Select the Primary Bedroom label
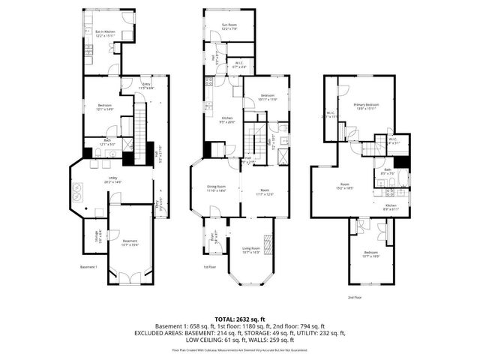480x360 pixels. (366, 106)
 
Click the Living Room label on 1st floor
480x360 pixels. (250, 250)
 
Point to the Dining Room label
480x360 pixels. (214, 189)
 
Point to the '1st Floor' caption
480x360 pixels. (210, 267)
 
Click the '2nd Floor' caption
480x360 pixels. (355, 297)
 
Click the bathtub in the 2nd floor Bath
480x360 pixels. (403, 178)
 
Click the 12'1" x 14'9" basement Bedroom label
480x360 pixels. (104, 107)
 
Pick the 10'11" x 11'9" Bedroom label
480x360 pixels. (268, 97)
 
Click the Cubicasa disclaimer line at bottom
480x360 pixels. (239, 349)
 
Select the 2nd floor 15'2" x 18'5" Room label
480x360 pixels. (344, 186)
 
